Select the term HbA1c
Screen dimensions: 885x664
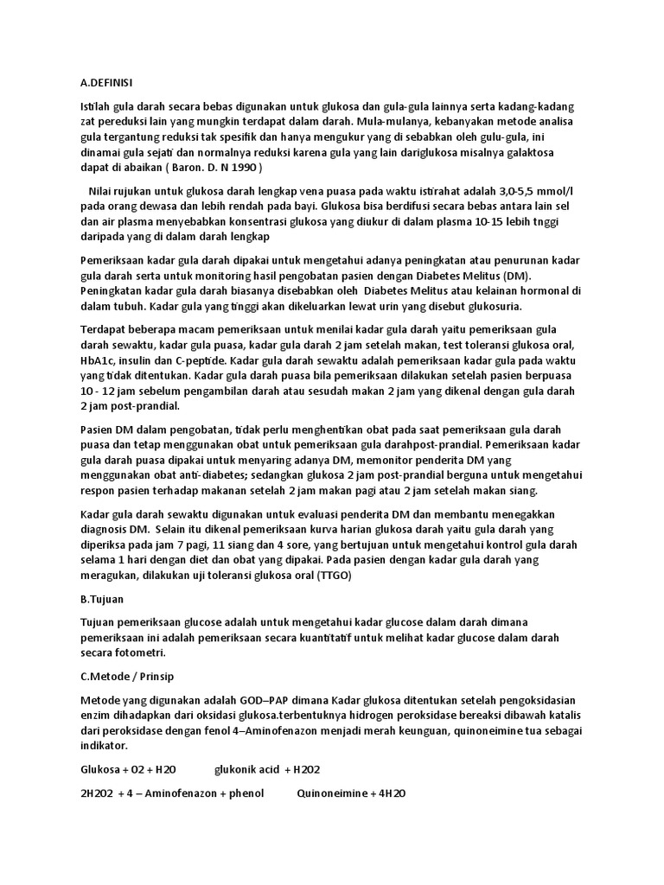tap(100, 360)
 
